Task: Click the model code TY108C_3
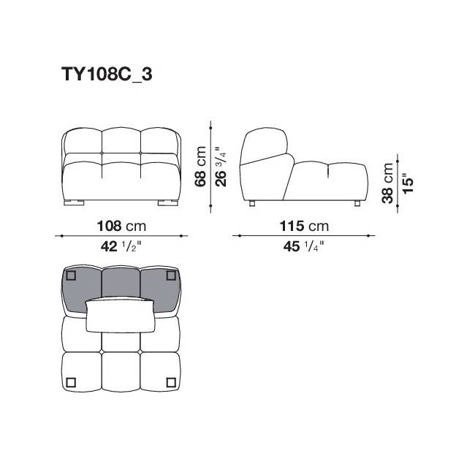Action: click(107, 75)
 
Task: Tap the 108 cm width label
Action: click(121, 226)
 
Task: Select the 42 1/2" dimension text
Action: click(121, 246)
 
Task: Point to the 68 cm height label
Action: click(200, 167)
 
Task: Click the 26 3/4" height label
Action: click(221, 167)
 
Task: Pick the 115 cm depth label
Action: click(304, 226)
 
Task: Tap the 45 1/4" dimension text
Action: click(304, 246)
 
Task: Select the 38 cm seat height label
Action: click(387, 183)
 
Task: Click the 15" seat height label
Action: click(408, 183)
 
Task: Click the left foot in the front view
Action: click(74, 202)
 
